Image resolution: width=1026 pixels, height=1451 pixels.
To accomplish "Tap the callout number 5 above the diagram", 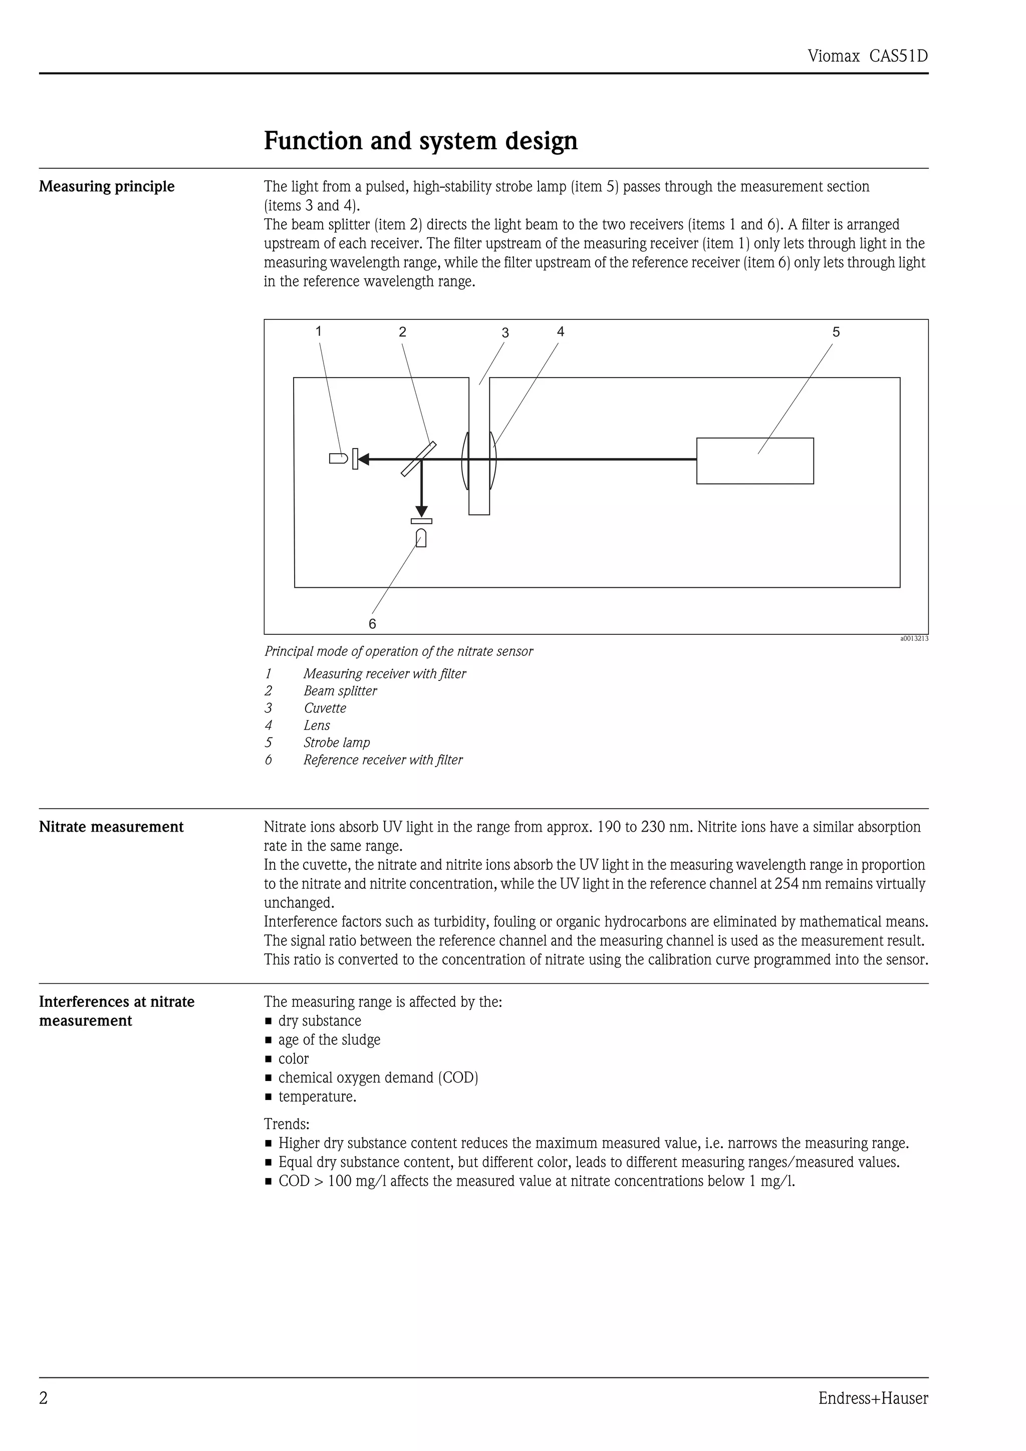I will coord(836,332).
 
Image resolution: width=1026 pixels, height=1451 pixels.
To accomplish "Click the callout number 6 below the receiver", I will coord(372,624).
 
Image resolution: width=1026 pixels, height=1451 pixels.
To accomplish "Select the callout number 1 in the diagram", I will coord(319,331).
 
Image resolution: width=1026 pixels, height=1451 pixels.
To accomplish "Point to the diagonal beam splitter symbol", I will coord(418,459).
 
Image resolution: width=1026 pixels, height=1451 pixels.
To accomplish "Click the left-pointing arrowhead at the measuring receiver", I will coord(364,459).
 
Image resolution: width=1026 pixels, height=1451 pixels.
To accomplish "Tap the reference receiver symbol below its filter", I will coord(421,538).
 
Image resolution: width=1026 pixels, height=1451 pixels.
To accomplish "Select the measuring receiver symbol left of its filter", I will coord(338,459).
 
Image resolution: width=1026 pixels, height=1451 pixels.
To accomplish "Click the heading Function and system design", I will coord(420,140).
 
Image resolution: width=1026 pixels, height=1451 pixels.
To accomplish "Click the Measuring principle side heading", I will coord(107,186).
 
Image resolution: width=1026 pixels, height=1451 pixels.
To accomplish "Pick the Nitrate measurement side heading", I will coord(111,827).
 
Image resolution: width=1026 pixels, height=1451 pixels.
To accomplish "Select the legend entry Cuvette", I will coord(325,708).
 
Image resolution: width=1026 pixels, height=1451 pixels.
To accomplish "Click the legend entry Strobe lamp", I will coord(336,743).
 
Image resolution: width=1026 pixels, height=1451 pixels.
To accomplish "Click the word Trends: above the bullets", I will coord(287,1124).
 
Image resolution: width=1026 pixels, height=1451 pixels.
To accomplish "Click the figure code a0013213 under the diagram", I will coord(914,638).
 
